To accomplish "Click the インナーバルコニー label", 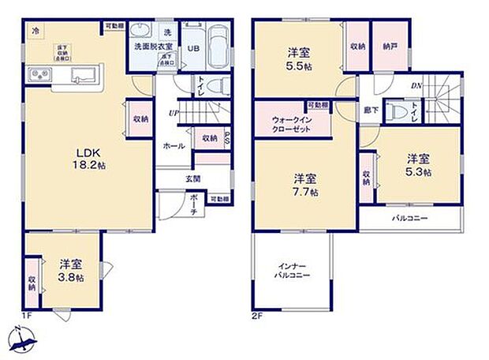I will [x=292, y=270].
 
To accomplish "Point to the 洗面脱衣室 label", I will [x=155, y=46].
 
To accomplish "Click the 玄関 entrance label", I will [x=193, y=179].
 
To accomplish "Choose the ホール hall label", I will [x=174, y=146].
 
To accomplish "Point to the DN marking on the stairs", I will [x=415, y=85].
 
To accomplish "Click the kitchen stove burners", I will [x=39, y=75].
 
